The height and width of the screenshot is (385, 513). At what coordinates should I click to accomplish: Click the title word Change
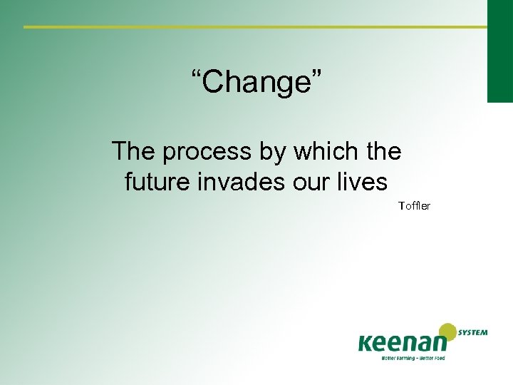(256, 82)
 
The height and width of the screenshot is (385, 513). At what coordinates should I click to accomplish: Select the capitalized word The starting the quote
(135, 151)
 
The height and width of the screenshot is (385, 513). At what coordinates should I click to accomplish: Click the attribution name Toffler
(414, 206)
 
